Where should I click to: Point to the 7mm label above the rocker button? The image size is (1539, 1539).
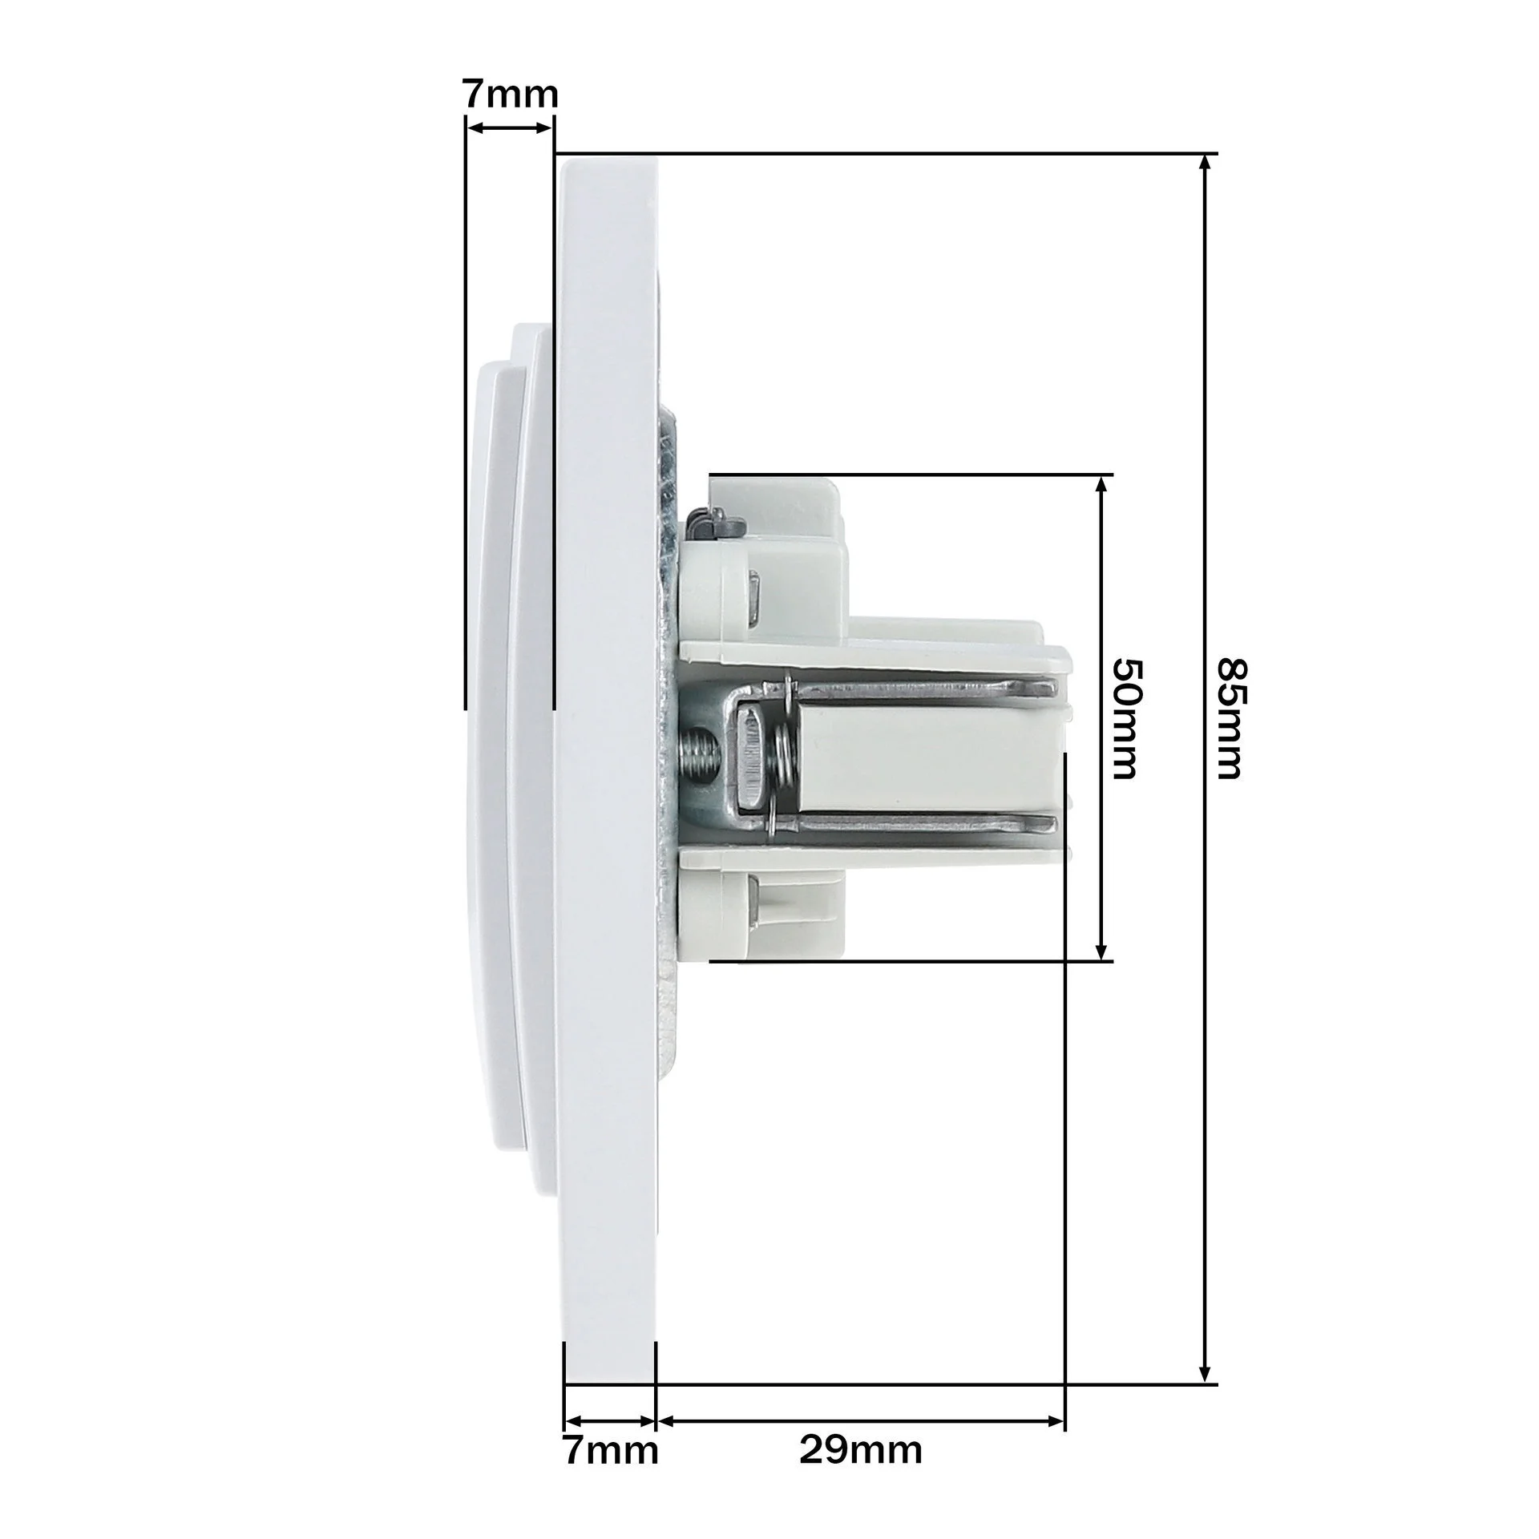(510, 95)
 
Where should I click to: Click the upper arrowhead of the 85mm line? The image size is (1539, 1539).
(1205, 164)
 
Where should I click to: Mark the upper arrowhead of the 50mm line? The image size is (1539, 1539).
(1102, 486)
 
